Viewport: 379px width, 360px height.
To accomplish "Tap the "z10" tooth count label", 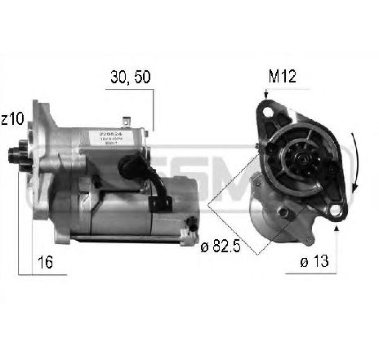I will pos(13,120).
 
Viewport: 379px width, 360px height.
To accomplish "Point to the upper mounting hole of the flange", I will pos(267,110).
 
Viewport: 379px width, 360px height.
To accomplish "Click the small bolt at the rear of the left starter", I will pos(190,223).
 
